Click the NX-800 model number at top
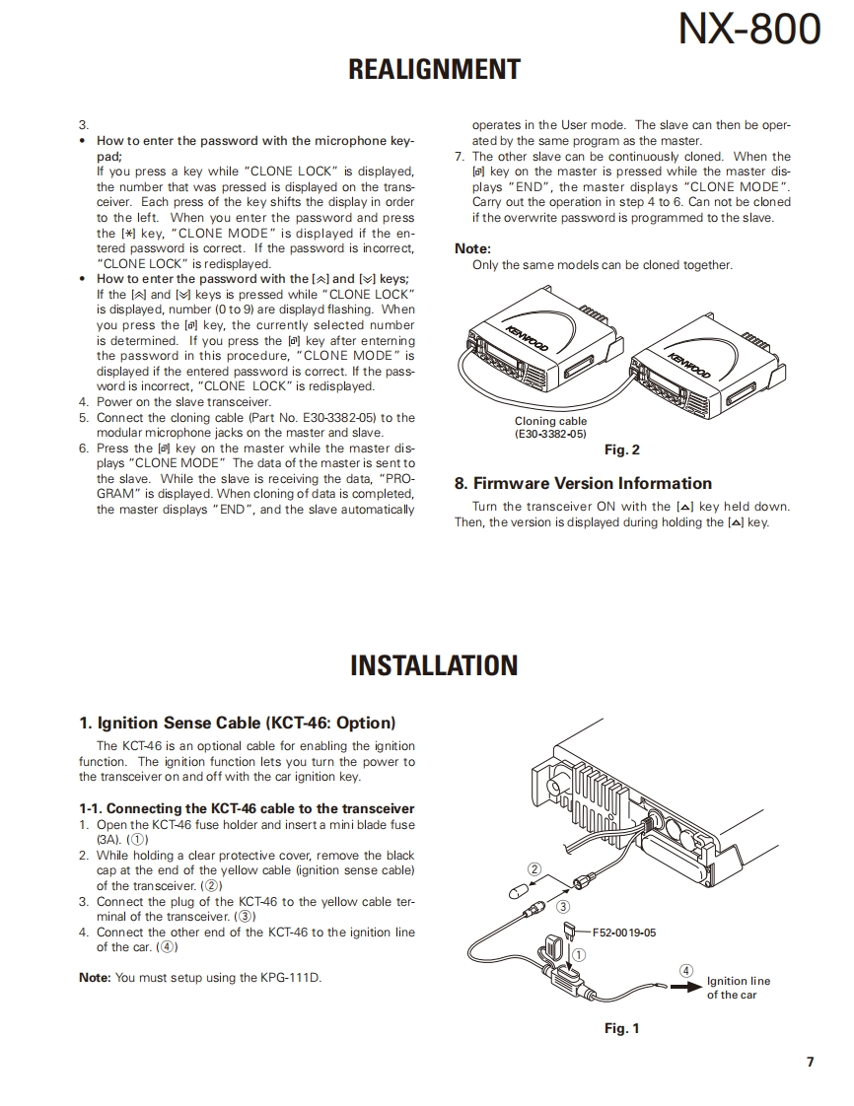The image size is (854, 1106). [749, 31]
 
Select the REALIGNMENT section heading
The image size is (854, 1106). [434, 69]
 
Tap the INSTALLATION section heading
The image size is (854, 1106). [434, 664]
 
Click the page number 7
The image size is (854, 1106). [810, 1062]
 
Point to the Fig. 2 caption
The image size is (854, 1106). [621, 449]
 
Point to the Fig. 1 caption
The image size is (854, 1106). [621, 1028]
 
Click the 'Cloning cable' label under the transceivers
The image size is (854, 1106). [550, 421]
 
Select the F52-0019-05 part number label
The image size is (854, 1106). [624, 932]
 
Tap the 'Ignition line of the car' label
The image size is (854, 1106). [738, 988]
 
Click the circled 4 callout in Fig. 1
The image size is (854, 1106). [686, 970]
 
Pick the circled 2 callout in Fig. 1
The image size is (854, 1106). [534, 868]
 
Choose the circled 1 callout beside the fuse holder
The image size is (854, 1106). [579, 954]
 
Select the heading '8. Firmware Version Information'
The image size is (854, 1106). [583, 483]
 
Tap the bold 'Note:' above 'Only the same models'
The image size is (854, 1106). [472, 249]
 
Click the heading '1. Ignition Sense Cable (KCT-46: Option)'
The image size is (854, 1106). [237, 723]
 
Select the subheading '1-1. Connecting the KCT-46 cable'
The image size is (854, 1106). [247, 808]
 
